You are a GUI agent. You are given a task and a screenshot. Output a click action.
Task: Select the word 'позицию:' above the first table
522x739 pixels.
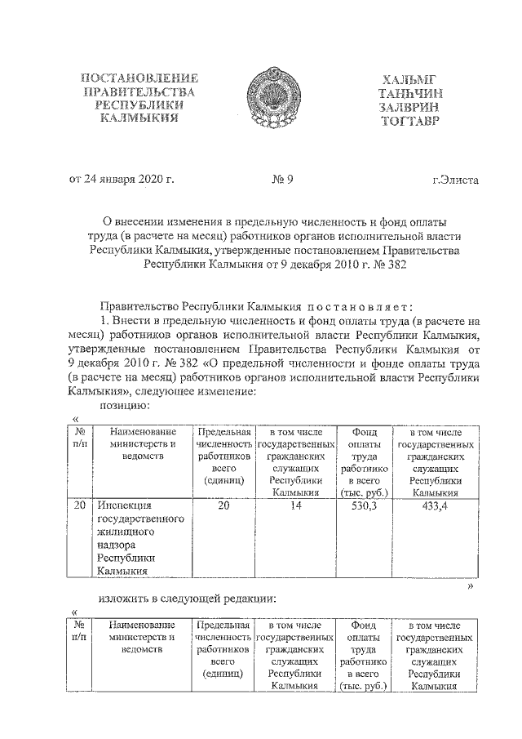(x=122, y=404)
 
